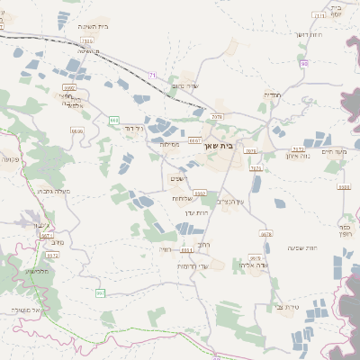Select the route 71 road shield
click(x=153, y=75)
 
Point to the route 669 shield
click(x=114, y=120)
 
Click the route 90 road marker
click(x=304, y=64)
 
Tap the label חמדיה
click(x=272, y=94)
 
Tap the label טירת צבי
click(x=287, y=306)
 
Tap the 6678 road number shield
click(x=265, y=234)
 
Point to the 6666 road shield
click(x=77, y=131)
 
